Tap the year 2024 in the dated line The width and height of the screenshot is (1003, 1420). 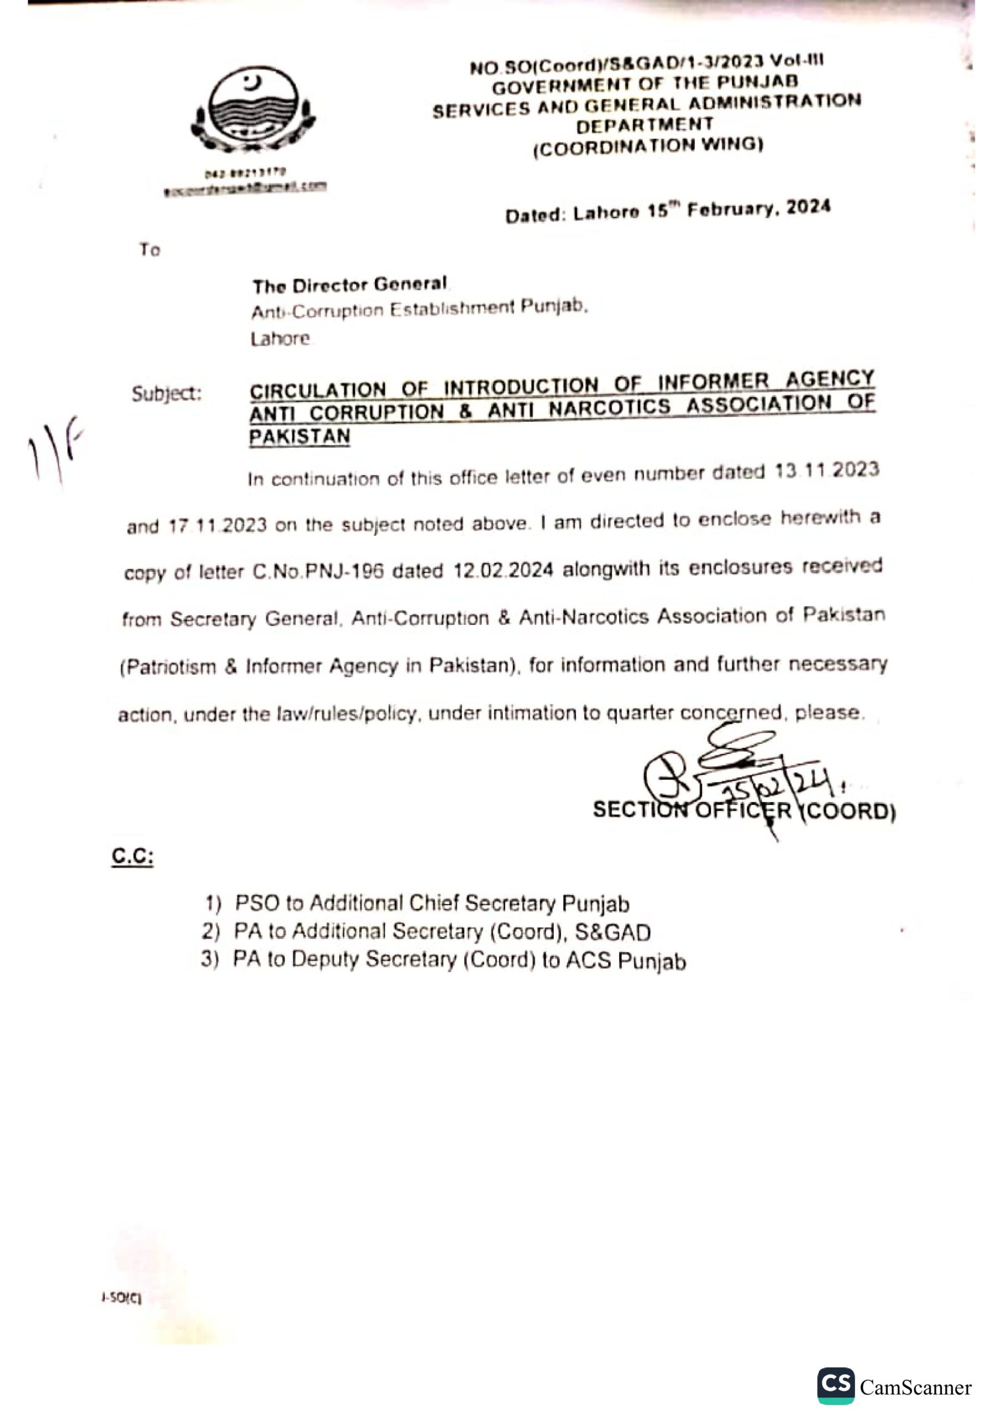808,209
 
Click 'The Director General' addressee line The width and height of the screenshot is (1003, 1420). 349,286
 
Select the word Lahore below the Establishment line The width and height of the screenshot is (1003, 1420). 280,339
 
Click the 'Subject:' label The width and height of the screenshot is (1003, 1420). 166,394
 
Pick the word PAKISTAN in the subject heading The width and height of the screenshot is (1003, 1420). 299,437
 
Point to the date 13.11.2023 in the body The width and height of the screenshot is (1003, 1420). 827,471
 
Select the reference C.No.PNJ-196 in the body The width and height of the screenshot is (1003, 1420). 318,572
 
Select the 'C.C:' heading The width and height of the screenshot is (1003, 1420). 133,856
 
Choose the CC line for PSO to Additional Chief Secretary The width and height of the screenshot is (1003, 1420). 418,904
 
